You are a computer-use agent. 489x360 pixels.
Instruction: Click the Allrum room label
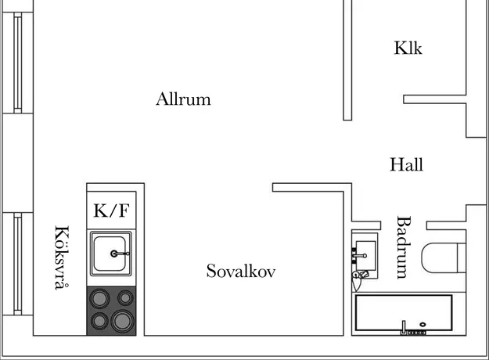coord(183,99)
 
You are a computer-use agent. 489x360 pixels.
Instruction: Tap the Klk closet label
coord(408,48)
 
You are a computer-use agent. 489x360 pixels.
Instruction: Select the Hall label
coord(406,164)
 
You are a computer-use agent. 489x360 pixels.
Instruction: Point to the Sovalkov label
coord(241,271)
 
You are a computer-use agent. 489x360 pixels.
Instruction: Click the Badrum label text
coord(404,247)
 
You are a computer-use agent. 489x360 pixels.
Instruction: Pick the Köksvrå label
coord(62,257)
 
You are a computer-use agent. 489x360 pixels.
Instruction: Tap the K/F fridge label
coord(111,211)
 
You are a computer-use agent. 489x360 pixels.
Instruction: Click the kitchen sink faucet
coord(120,254)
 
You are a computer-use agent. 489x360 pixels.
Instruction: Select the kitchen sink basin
coord(111,254)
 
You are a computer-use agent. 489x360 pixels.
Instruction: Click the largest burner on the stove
coord(123,321)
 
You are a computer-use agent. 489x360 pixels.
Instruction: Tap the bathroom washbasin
coord(365,255)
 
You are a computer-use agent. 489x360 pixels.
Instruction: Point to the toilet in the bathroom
coord(444,258)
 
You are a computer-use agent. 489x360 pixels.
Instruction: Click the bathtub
coord(404,312)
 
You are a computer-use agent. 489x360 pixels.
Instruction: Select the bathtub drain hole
coord(422,325)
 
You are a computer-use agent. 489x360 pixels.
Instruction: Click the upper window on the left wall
coord(18,63)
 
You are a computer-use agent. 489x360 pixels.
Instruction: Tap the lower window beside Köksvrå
coord(18,264)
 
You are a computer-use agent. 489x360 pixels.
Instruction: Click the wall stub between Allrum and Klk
coord(347,60)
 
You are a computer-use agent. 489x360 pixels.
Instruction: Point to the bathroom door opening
coord(404,225)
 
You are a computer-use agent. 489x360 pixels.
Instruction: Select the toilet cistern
coord(462,258)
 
